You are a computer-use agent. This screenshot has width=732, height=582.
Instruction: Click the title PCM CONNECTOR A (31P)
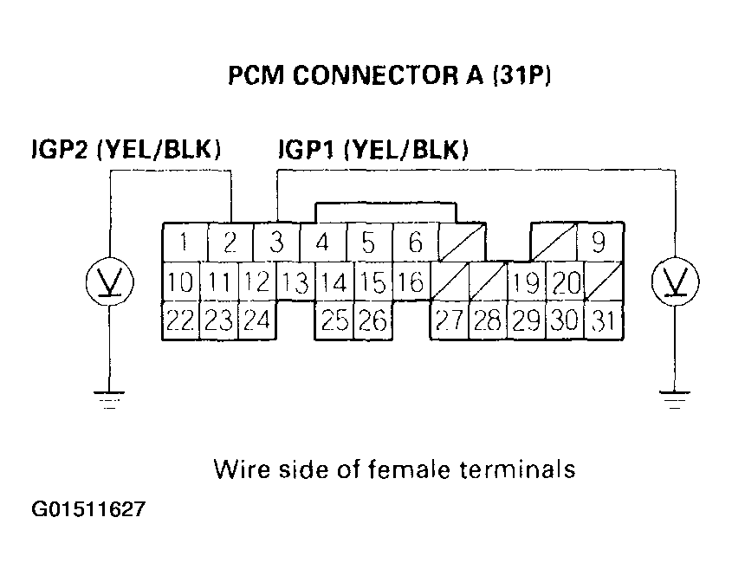tap(390, 76)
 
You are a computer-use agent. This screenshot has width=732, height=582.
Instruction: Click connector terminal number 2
tap(230, 243)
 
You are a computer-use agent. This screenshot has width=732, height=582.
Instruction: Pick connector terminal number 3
tap(276, 243)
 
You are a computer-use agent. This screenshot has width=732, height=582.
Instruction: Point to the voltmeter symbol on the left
tap(109, 281)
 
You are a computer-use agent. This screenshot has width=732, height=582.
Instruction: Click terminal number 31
tap(604, 320)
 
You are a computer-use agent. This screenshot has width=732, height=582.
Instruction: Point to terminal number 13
tap(295, 282)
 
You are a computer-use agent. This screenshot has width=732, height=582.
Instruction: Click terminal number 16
tap(411, 282)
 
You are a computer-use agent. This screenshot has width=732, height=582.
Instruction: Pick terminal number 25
tap(334, 320)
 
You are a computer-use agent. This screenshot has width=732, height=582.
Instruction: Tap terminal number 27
tap(449, 320)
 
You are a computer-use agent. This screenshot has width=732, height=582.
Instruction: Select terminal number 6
tap(415, 243)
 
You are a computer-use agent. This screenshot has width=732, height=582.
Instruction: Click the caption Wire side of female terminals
tap(393, 469)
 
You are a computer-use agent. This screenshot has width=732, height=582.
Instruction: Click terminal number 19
tap(526, 282)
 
